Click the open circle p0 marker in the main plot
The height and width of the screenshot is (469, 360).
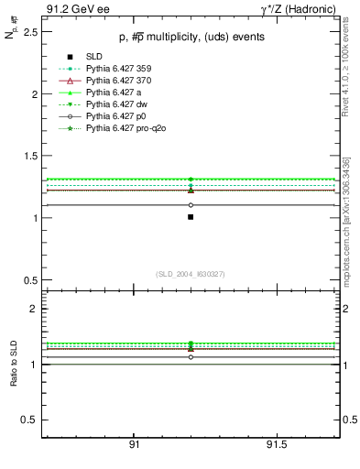click(191, 205)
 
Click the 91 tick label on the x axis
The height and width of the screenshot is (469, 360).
click(134, 444)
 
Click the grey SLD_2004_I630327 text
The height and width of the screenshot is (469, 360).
click(191, 274)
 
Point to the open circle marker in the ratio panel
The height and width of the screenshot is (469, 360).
click(191, 357)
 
